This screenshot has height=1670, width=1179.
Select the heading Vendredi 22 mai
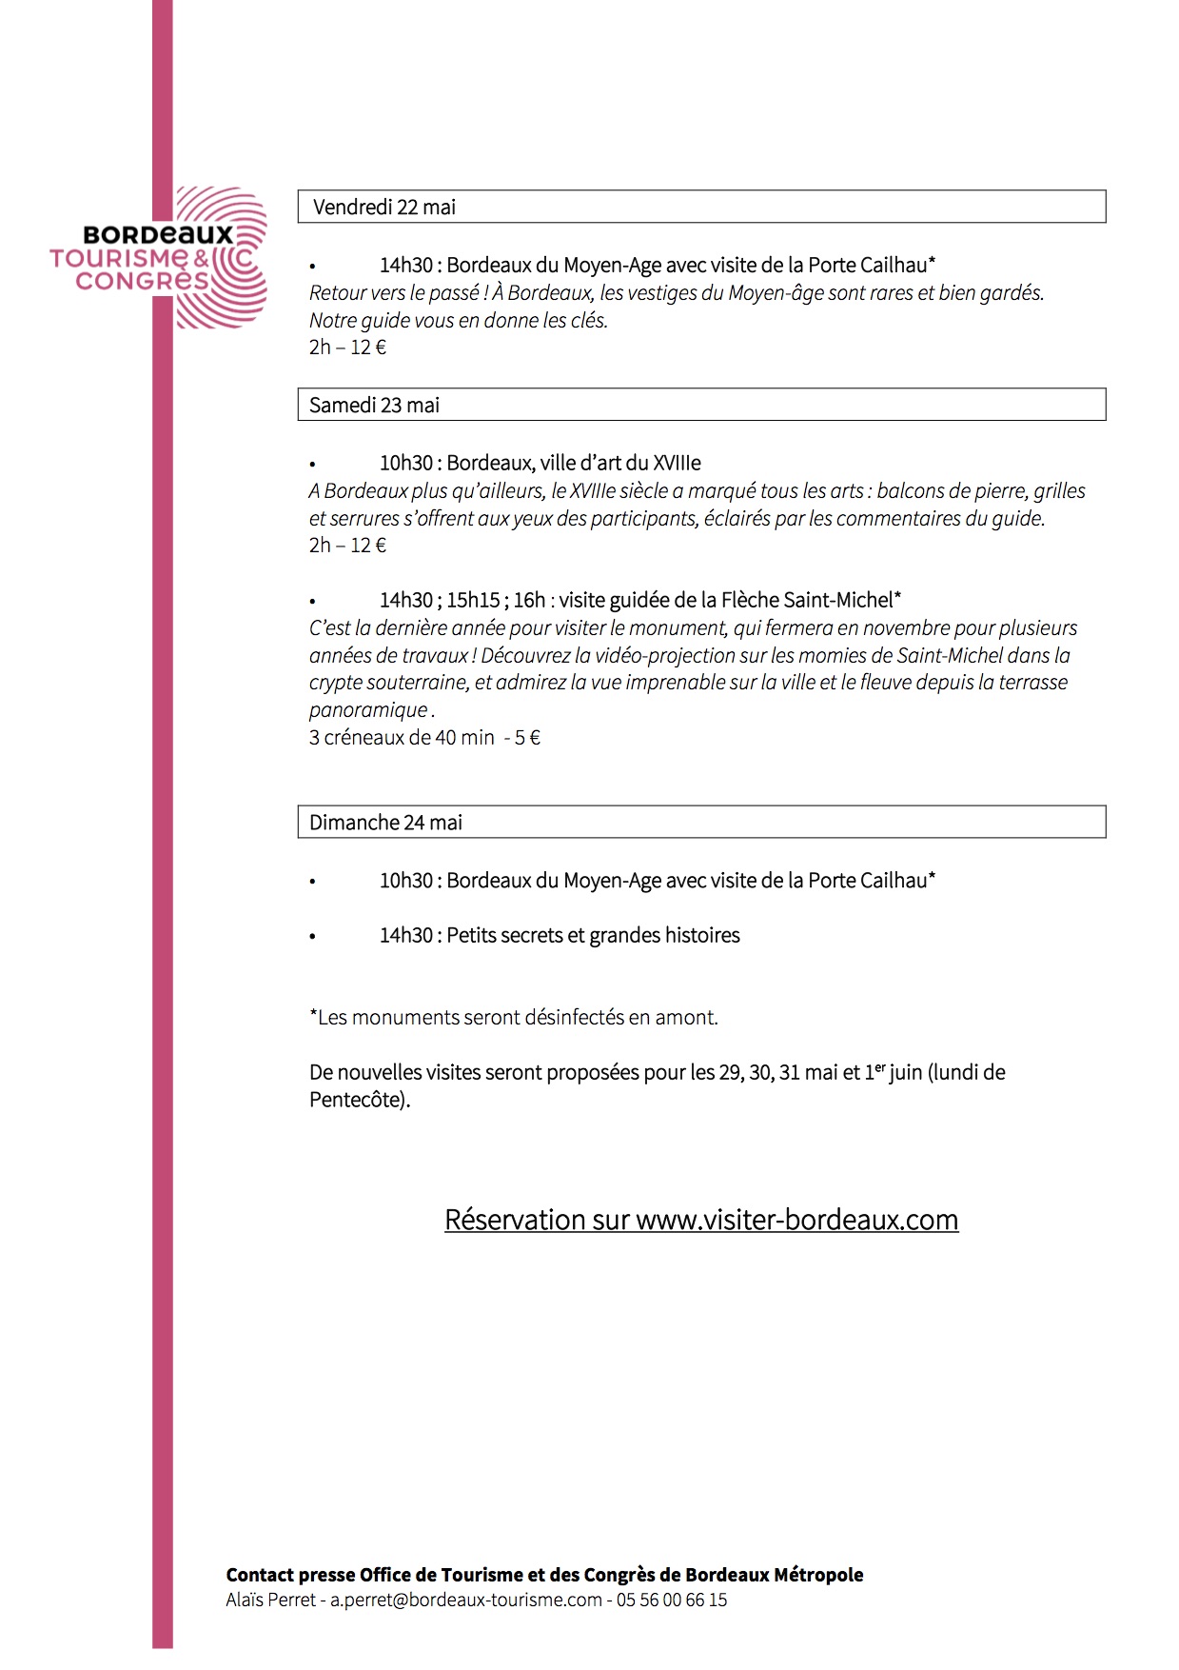coord(384,208)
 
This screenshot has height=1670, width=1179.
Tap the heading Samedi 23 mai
coord(374,406)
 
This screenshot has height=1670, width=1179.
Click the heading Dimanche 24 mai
coord(385,823)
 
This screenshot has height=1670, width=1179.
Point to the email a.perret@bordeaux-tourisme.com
coord(466,1600)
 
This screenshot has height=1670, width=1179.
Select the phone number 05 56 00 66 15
coord(672,1600)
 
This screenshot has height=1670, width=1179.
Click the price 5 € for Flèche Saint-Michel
coord(527,738)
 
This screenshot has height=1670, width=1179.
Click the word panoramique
coord(368,710)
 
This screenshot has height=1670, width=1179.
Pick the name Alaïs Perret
coord(270,1600)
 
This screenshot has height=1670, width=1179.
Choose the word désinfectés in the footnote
coord(542,1018)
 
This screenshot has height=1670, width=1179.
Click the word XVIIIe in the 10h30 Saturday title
coord(677,464)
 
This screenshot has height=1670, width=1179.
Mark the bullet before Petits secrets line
coord(312,937)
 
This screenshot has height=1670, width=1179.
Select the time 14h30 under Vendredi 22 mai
coord(406,266)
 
